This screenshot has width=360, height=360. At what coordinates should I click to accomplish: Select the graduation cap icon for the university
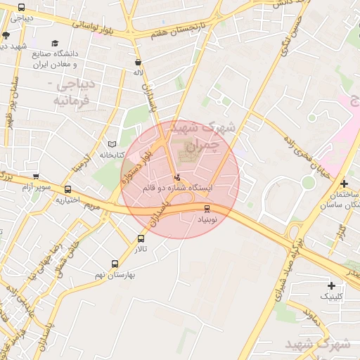pos(56,43)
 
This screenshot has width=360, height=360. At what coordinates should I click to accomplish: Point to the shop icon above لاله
pos(138,62)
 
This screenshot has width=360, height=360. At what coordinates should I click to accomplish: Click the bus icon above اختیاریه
pos(67,189)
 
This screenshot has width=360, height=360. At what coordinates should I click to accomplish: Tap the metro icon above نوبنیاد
pos(207,208)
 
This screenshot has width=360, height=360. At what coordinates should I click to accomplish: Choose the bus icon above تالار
pos(141,239)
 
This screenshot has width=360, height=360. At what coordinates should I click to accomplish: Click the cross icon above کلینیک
pos(331,285)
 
